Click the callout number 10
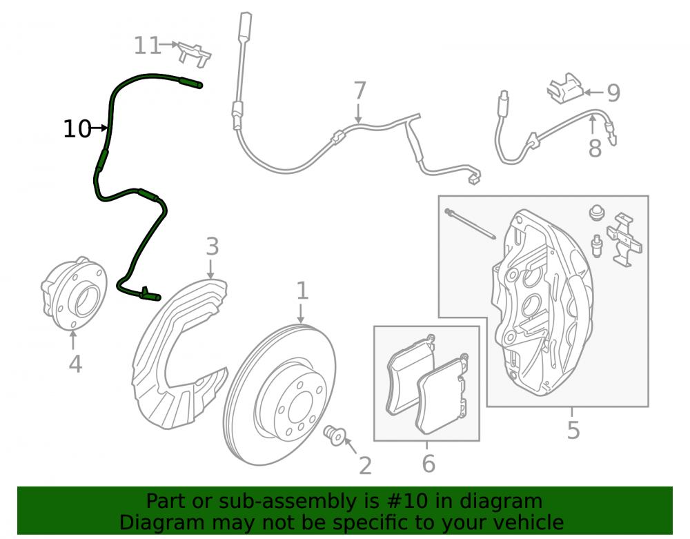tap(77, 129)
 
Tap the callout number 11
tap(147, 46)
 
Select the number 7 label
tap(359, 90)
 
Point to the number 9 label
tap(613, 92)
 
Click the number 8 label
tap(595, 148)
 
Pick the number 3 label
tap(212, 246)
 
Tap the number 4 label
tap(75, 364)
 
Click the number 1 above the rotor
tap(302, 291)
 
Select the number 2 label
tap(365, 466)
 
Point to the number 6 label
tap(428, 464)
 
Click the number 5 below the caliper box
tap(573, 431)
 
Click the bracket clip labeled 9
tap(566, 88)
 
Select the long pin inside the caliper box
tap(471, 224)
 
